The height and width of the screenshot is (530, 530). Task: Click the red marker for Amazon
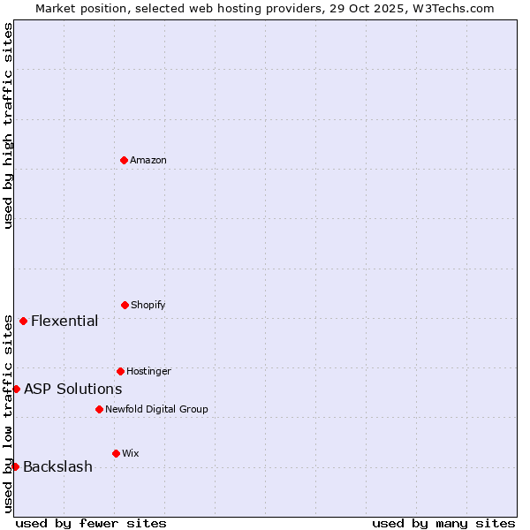[x=125, y=160]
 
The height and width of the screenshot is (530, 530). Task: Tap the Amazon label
[x=148, y=160]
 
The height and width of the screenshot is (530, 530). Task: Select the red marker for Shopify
[x=125, y=305]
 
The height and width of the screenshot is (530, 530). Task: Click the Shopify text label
[x=148, y=305]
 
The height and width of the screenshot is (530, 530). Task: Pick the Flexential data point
[x=24, y=321]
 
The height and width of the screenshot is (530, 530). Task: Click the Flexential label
[x=64, y=321]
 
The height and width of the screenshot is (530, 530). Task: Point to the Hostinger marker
[x=120, y=371]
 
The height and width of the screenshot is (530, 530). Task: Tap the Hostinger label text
[x=148, y=371]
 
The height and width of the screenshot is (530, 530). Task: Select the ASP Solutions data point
[x=16, y=389]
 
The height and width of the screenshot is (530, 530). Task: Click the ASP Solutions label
[x=72, y=389]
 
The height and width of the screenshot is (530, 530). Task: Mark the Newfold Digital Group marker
[x=99, y=409]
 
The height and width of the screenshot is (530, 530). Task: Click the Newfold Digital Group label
[x=156, y=409]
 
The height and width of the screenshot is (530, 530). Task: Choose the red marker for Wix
[x=116, y=453]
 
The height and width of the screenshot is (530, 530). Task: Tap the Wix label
[x=131, y=453]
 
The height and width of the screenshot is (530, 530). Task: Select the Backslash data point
[x=15, y=466]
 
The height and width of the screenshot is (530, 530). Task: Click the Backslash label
[x=57, y=466]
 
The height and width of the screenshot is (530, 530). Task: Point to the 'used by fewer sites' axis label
[x=91, y=523]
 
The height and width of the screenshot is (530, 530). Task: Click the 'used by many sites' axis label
[x=443, y=523]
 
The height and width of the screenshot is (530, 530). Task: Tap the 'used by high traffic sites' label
[x=8, y=125]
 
